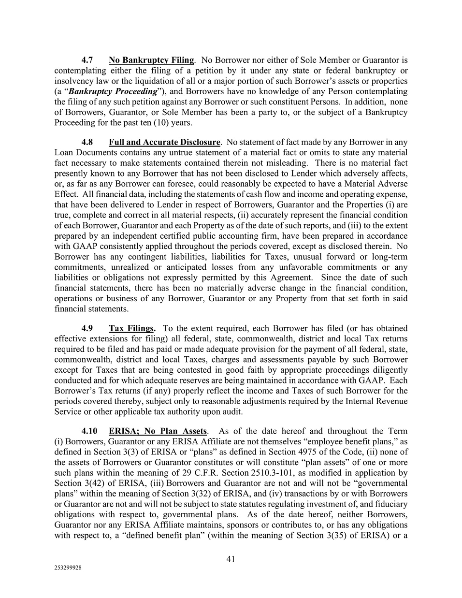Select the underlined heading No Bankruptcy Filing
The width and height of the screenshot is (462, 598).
(151, 60)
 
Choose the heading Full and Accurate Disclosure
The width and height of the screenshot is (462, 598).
(164, 143)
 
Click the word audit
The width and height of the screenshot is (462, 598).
(231, 412)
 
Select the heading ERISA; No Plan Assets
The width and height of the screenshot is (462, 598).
(158, 431)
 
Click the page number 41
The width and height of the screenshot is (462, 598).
(231, 559)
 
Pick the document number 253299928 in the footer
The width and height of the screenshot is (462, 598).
(68, 569)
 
